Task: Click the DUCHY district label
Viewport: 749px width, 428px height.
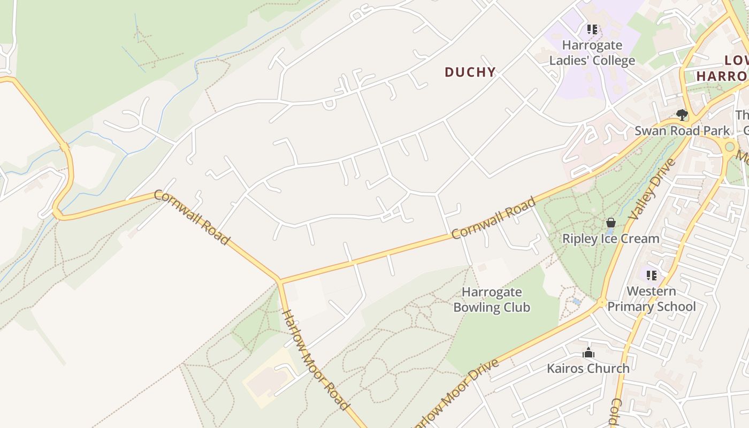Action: click(x=470, y=72)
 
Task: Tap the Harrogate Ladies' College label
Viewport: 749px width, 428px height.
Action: click(x=592, y=52)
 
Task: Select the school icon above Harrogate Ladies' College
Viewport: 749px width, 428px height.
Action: click(x=592, y=29)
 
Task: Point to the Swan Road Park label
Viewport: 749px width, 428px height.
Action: click(x=682, y=131)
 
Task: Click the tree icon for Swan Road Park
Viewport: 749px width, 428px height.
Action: click(x=682, y=114)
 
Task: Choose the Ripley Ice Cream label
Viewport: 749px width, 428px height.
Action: click(x=610, y=239)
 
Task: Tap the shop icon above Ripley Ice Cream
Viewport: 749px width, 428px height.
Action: click(x=610, y=223)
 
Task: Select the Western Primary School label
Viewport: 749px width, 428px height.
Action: click(x=652, y=299)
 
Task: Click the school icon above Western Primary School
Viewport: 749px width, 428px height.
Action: click(x=652, y=276)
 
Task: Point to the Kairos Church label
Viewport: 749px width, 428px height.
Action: click(x=588, y=368)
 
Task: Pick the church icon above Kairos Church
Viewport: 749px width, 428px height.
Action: click(x=588, y=353)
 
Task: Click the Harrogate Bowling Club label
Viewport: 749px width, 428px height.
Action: click(x=491, y=300)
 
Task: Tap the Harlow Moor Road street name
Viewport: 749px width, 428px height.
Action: click(x=315, y=360)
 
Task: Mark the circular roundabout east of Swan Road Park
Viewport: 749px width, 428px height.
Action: click(x=729, y=147)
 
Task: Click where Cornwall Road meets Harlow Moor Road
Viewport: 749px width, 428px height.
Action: click(x=279, y=280)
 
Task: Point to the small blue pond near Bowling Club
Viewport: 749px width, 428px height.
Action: click(x=576, y=301)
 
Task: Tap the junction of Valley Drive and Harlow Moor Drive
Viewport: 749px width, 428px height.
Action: click(x=602, y=303)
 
